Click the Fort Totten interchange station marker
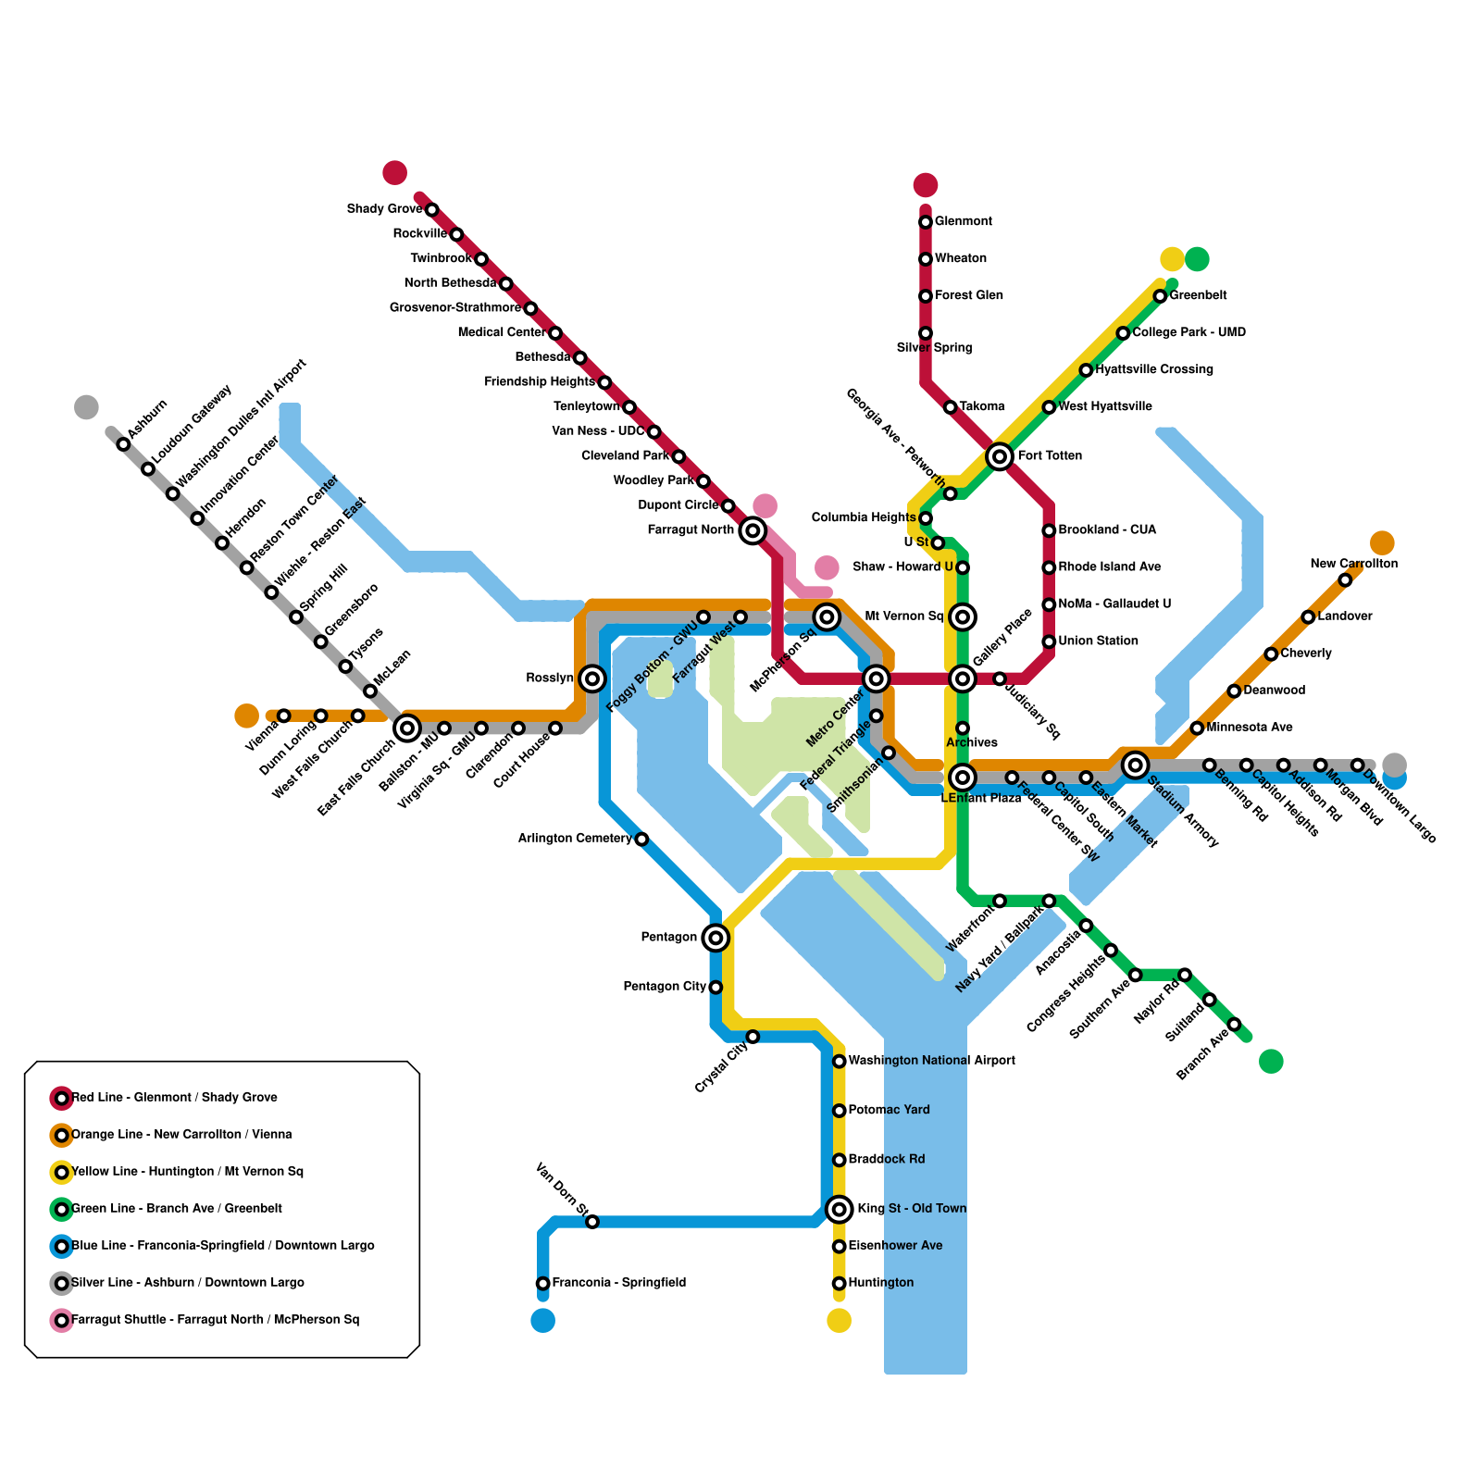(999, 456)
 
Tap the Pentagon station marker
(716, 938)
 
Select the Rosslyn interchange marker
(593, 678)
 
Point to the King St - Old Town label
(912, 1209)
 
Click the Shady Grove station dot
(431, 210)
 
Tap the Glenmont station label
(963, 222)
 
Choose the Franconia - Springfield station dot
(543, 1283)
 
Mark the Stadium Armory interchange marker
(1136, 765)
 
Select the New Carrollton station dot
(1345, 580)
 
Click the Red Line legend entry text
(174, 1098)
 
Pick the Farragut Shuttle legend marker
(62, 1320)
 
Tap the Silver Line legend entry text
(187, 1283)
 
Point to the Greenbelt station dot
(1160, 296)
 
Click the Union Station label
(1098, 641)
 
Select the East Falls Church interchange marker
(407, 728)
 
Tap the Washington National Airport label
(931, 1061)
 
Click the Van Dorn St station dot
(592, 1222)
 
